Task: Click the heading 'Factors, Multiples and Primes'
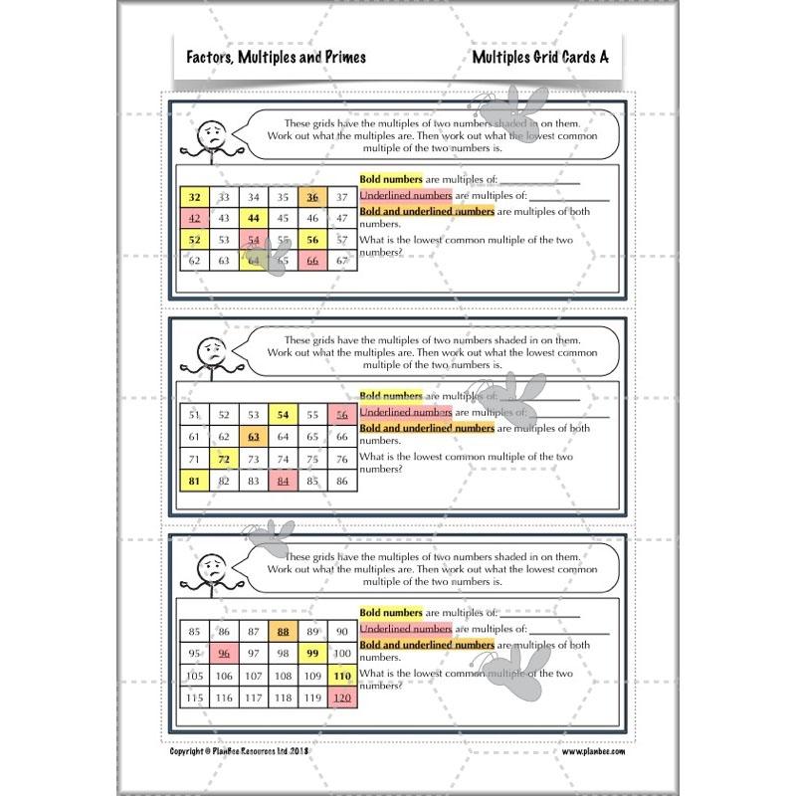point(277,58)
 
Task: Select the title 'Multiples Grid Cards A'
point(540,58)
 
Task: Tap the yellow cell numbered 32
point(195,198)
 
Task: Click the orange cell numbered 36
point(312,198)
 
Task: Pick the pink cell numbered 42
point(195,218)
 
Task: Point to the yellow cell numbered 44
point(254,218)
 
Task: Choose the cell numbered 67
point(342,261)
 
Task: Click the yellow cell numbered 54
point(283,415)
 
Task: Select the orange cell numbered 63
point(254,437)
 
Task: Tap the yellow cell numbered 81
point(195,481)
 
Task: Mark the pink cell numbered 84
point(283,481)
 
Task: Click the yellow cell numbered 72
point(224,459)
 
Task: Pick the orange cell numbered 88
point(283,631)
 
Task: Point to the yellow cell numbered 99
point(312,653)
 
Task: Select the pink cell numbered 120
point(342,696)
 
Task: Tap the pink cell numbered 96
point(224,653)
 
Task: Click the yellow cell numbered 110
point(342,675)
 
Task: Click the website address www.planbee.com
point(594,753)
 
